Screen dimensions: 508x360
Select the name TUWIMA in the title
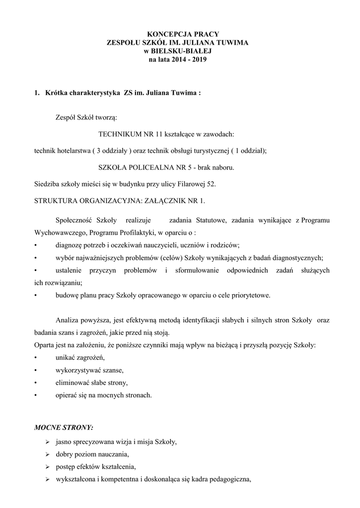pyautogui.click(x=231, y=44)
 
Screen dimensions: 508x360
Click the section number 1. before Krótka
pyautogui.click(x=36, y=92)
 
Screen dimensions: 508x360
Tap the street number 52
pyautogui.click(x=212, y=185)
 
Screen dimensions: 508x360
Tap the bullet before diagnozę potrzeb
pyautogui.click(x=35, y=245)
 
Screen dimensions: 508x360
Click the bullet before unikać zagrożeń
pyautogui.click(x=35, y=358)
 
